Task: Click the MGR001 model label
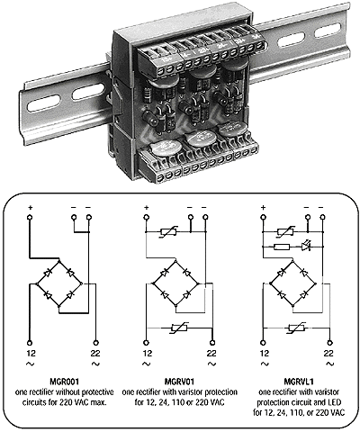coord(64,382)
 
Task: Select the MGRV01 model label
coord(179,382)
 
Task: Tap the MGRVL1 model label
coord(299,382)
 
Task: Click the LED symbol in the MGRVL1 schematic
coord(306,247)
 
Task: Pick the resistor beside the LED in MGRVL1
coord(282,247)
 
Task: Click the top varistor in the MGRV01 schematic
coord(169,231)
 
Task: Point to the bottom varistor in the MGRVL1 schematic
coord(296,328)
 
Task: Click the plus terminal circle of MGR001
coord(30,217)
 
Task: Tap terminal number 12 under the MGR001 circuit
coord(31,353)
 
